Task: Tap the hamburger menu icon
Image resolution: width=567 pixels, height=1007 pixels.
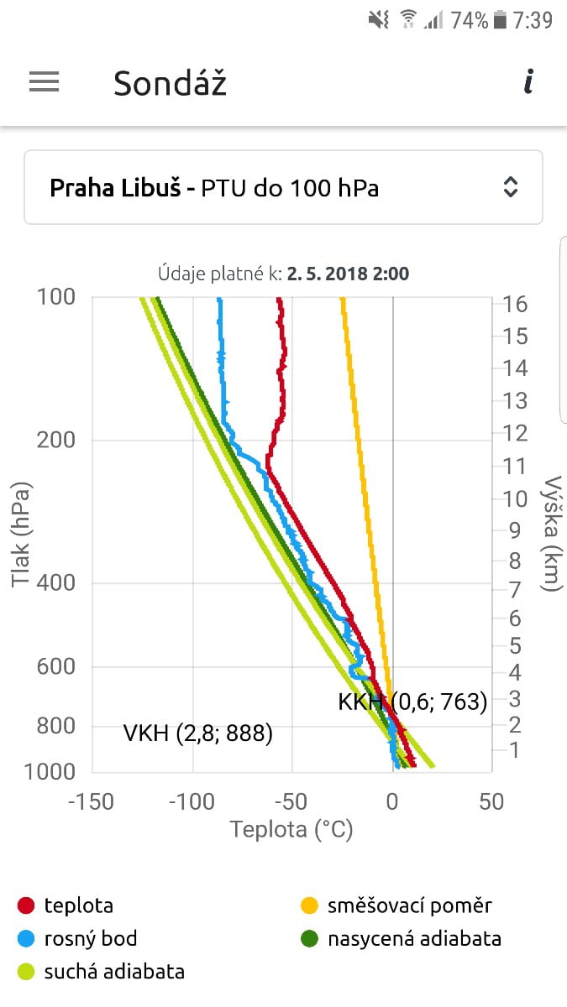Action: pyautogui.click(x=44, y=81)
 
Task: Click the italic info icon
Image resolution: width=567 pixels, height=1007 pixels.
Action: pyautogui.click(x=528, y=82)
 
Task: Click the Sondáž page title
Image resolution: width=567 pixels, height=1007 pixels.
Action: pyautogui.click(x=170, y=83)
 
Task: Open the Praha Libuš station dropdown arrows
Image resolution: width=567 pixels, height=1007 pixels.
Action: pyautogui.click(x=510, y=187)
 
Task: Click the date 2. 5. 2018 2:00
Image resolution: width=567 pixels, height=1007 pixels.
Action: pyautogui.click(x=348, y=274)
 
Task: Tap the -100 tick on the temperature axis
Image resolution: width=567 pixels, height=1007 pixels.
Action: pyautogui.click(x=192, y=801)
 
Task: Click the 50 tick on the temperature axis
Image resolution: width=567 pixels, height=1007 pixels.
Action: pyautogui.click(x=491, y=801)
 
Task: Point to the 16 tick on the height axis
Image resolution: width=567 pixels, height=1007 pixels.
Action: pyautogui.click(x=516, y=304)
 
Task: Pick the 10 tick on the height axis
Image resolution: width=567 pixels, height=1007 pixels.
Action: pyautogui.click(x=516, y=498)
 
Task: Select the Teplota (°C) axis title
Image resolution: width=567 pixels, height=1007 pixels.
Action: pyautogui.click(x=291, y=830)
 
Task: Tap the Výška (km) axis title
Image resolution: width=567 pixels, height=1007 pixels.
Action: pyautogui.click(x=552, y=534)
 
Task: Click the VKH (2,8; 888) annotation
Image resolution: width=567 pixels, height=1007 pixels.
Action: pyautogui.click(x=198, y=734)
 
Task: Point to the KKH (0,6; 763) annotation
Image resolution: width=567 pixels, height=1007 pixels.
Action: pyautogui.click(x=412, y=702)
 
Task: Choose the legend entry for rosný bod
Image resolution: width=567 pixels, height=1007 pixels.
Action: pyautogui.click(x=90, y=938)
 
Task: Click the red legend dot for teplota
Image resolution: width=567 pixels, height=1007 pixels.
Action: pyautogui.click(x=26, y=905)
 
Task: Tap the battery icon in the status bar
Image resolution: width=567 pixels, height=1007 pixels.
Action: pyautogui.click(x=501, y=20)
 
